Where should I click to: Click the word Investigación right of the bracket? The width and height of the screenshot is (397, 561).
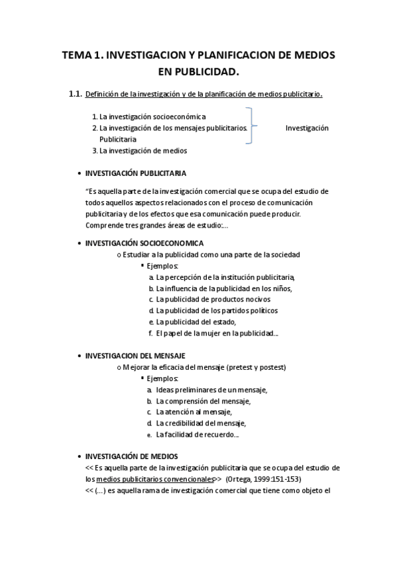(x=307, y=128)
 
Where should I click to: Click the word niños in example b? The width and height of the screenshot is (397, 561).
(x=279, y=288)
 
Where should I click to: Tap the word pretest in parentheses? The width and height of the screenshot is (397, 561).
(x=241, y=367)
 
